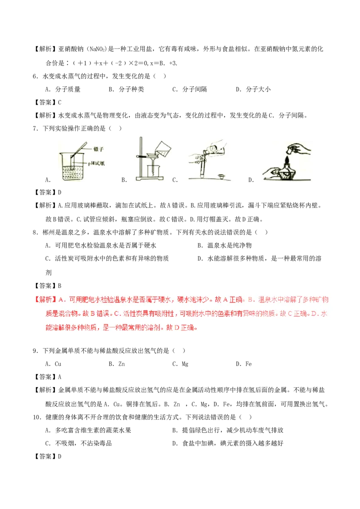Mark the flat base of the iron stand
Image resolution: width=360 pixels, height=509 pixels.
click(152, 181)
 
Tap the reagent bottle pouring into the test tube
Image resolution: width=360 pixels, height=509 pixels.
click(214, 151)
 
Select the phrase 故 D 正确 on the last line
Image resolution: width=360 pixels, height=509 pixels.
click(181, 327)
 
